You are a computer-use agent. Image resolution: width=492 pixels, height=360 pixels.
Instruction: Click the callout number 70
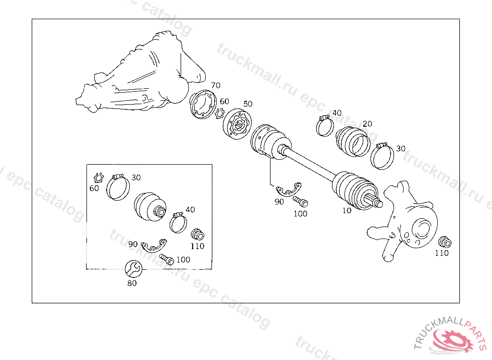[216, 85]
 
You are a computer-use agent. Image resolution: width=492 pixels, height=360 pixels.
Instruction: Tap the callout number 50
[248, 104]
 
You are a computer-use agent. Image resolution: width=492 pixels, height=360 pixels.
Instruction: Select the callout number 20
[368, 124]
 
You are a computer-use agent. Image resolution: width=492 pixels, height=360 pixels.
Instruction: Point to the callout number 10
[347, 210]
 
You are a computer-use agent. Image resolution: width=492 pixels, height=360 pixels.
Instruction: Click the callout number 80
[132, 283]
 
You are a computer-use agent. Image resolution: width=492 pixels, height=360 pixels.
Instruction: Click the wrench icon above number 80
[134, 269]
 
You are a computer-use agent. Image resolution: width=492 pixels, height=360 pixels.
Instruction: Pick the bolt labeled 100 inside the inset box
[167, 259]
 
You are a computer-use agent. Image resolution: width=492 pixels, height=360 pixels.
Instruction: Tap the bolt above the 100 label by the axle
[300, 201]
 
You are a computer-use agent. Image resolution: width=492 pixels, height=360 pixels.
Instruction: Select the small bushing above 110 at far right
[445, 242]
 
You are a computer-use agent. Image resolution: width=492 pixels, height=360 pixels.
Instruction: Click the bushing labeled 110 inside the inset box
[197, 235]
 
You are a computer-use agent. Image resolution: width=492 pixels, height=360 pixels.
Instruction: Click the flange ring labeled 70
[203, 105]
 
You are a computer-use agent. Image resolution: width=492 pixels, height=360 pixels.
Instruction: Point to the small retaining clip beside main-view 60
[220, 113]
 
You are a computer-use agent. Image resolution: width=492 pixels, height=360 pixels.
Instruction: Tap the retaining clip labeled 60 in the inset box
[98, 178]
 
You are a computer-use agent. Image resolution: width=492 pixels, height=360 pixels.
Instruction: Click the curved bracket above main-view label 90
[289, 190]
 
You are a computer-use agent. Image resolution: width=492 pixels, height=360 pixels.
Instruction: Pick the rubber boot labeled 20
[353, 142]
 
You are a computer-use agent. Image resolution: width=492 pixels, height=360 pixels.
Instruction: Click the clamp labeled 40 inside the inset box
[178, 222]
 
